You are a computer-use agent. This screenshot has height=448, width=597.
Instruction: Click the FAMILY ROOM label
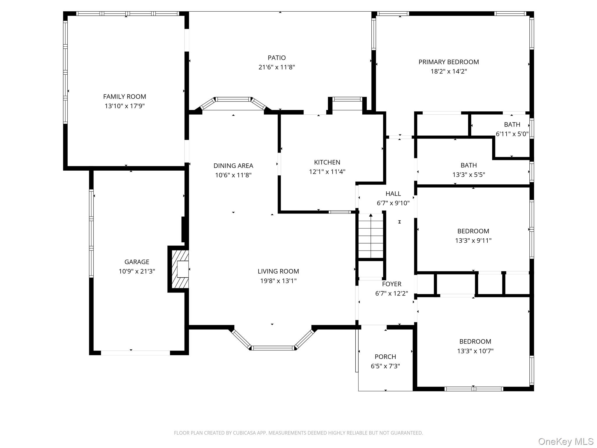124,97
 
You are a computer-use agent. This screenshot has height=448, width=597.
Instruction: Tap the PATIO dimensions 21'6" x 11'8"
277,67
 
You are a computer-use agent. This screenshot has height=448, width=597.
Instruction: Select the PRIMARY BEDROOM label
449,62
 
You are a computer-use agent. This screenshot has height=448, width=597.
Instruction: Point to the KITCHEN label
327,162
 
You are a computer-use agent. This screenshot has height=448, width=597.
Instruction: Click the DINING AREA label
233,166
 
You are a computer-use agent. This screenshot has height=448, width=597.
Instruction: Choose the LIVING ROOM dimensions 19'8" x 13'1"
278,281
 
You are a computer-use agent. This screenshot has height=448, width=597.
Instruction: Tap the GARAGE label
137,262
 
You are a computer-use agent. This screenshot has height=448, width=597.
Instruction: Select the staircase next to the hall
371,236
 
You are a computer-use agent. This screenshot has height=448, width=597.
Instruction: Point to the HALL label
393,194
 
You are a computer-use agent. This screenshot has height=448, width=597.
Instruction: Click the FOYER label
391,284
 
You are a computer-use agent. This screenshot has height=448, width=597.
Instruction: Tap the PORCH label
385,357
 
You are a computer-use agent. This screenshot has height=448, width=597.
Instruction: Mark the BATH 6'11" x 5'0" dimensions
512,134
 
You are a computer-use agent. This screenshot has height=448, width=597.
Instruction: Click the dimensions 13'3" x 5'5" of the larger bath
469,175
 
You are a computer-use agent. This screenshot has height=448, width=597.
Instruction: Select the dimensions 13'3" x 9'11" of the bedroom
473,241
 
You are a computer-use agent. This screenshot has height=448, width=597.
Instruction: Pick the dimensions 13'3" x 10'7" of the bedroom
475,351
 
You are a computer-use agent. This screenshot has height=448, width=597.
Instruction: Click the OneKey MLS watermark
566,441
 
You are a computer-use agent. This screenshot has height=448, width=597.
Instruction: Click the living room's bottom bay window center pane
273,348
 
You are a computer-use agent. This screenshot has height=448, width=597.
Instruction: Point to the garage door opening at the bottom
135,353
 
